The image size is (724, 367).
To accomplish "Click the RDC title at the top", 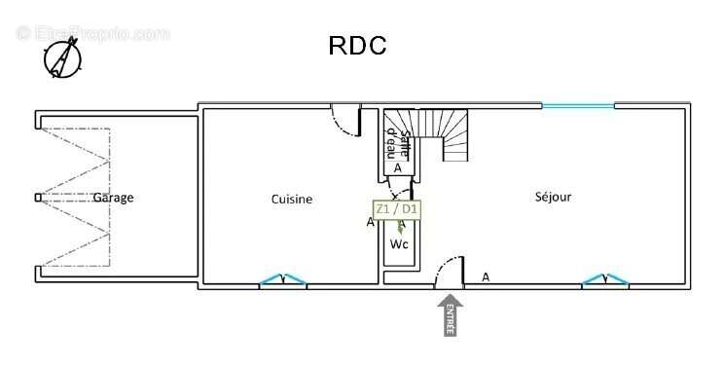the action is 358,45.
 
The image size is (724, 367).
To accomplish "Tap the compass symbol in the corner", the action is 61,56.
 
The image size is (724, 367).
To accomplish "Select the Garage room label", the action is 113,199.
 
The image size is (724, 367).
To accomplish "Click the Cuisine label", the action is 292,200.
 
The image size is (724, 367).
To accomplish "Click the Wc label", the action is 399,244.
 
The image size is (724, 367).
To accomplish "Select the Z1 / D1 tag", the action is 397,208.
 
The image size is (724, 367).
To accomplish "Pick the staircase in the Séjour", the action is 446,134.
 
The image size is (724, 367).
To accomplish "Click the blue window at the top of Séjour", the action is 578,105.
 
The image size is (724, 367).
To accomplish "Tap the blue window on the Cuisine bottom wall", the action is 283,281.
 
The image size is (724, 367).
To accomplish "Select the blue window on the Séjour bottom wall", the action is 605,281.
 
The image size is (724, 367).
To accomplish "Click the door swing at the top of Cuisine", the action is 345,120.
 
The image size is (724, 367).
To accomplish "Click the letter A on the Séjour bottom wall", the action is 486,276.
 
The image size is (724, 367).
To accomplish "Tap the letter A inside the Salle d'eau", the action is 397,168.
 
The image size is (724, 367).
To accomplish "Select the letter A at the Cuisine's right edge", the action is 370,223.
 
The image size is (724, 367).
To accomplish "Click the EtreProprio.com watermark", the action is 92,33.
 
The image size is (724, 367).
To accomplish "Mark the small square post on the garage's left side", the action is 38,198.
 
